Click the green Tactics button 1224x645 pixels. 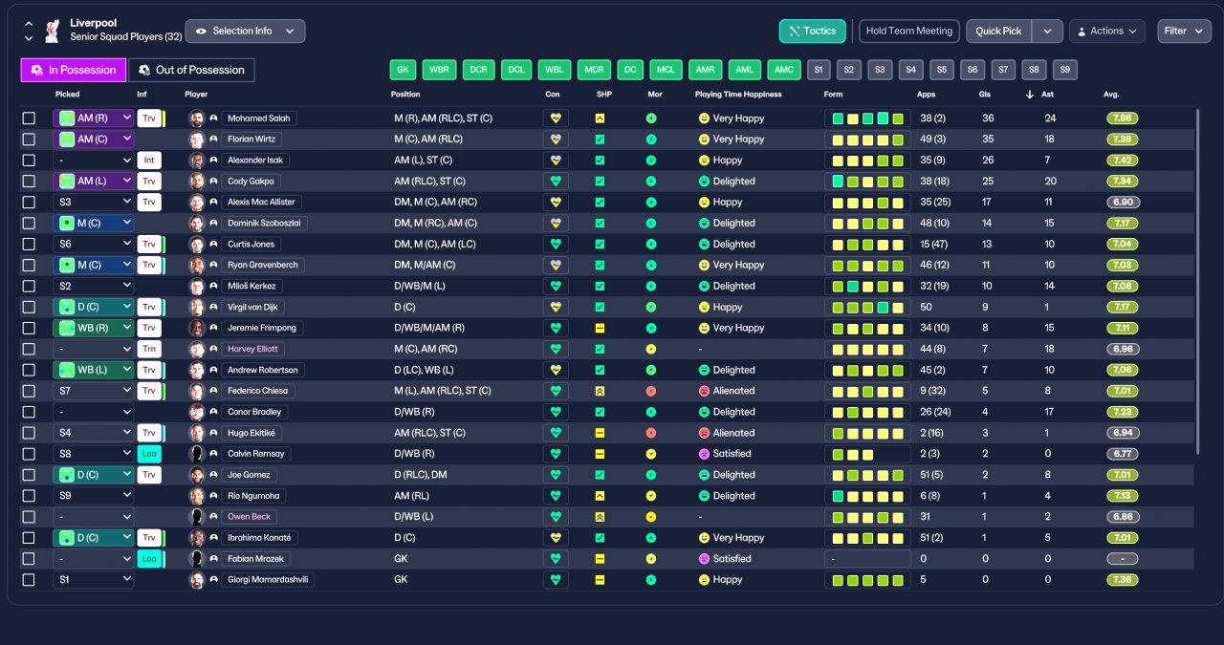[x=812, y=32]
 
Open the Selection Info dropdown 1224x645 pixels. [x=245, y=32]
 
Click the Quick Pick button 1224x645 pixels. [x=998, y=32]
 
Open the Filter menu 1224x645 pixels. [x=1184, y=32]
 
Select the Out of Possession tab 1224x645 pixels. [x=191, y=70]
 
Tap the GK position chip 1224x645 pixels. [x=403, y=70]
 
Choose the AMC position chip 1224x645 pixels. [x=783, y=70]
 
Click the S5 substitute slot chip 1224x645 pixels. [x=942, y=70]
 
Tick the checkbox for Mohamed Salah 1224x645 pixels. [x=29, y=118]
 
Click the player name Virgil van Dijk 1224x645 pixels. [x=252, y=307]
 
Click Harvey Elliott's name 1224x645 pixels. [x=252, y=349]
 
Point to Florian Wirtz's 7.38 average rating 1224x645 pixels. [x=1123, y=140]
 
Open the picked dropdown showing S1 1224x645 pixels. [x=94, y=579]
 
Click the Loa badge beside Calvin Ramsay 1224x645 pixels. [x=149, y=454]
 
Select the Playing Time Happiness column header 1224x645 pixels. [x=738, y=95]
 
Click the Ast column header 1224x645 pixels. [x=1047, y=95]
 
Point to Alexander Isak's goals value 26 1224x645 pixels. [x=988, y=160]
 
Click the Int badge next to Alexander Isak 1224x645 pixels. [x=149, y=160]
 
